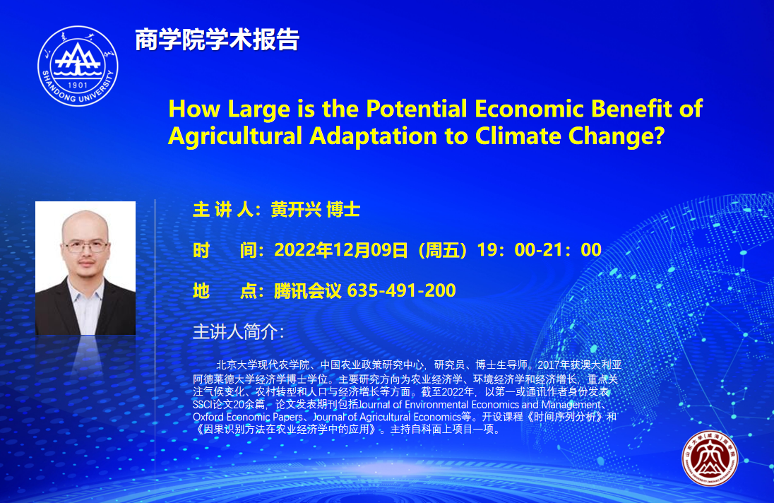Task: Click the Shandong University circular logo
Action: (78, 66)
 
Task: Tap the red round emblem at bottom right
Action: (710, 458)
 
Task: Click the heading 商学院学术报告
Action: (218, 40)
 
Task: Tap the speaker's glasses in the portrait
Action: (85, 245)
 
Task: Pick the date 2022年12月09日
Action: (341, 250)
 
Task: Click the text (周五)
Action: (442, 250)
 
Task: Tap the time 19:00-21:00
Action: (539, 250)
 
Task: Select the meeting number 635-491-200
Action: (401, 290)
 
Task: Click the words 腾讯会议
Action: (307, 291)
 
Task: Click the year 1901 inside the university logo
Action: (78, 85)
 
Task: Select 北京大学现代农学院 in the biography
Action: (263, 365)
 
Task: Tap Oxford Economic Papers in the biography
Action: (247, 417)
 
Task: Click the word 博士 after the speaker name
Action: (343, 210)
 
